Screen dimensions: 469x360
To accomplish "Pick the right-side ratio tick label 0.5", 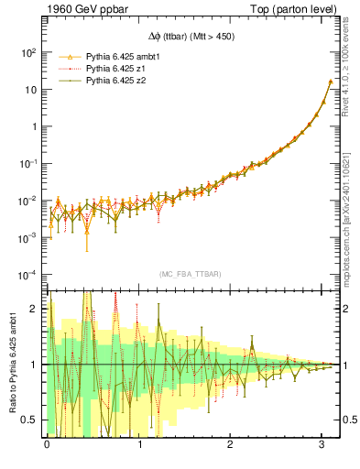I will pyautogui.click(x=347, y=420).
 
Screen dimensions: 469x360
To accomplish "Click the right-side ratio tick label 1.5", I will pyautogui.click(x=347, y=337).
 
